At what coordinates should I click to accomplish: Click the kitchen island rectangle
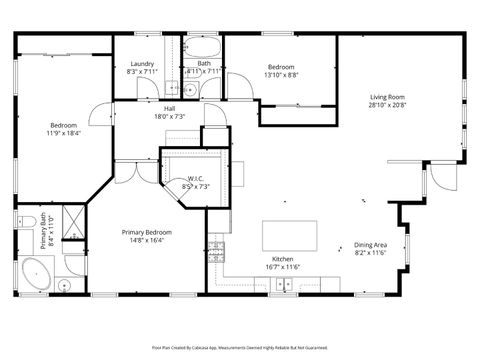(291, 236)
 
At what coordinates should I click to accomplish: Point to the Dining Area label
(371, 246)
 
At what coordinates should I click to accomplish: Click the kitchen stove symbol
(217, 247)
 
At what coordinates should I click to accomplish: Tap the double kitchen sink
(285, 285)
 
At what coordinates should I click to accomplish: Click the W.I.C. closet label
(194, 179)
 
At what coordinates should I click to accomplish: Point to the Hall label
(170, 108)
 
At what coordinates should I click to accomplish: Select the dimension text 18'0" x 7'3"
(170, 116)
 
